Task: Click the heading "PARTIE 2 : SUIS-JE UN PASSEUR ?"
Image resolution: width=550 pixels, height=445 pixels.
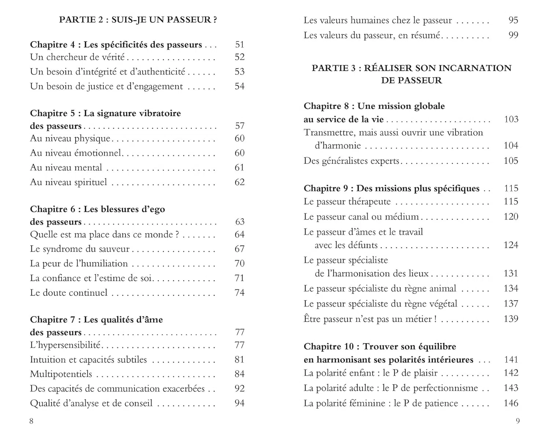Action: pos(138,20)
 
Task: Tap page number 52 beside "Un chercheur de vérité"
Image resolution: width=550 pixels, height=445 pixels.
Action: pos(239,57)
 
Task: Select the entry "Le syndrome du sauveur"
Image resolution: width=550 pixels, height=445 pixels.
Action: pos(80,249)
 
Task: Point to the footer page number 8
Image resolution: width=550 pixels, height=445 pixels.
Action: pos(31,421)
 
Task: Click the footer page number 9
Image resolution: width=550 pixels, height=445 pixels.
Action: pos(518,421)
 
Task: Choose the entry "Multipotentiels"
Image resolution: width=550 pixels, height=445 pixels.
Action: pos(61,374)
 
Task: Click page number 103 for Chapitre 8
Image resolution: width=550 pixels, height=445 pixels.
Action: pos(511,119)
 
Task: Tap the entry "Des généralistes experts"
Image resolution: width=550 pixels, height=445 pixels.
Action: pos(351,161)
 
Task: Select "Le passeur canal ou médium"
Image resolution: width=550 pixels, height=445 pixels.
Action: pos(361,217)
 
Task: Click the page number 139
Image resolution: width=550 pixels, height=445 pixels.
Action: pos(511,319)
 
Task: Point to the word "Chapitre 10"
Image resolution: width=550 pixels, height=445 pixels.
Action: pos(329,347)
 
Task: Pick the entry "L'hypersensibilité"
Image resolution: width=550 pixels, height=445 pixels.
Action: pos(65,345)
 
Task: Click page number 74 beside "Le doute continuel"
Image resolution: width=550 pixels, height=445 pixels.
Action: pos(239,293)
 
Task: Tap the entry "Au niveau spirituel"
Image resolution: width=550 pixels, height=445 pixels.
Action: pos(69,182)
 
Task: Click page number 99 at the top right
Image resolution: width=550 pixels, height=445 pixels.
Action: pos(513,35)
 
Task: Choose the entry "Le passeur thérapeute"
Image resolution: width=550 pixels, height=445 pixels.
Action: pos(347,202)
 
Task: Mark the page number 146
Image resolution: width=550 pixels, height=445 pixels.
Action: pos(511,403)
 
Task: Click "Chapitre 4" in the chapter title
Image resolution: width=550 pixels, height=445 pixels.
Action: pos(52,45)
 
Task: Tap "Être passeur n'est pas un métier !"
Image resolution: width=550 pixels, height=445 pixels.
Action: pos(370,319)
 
